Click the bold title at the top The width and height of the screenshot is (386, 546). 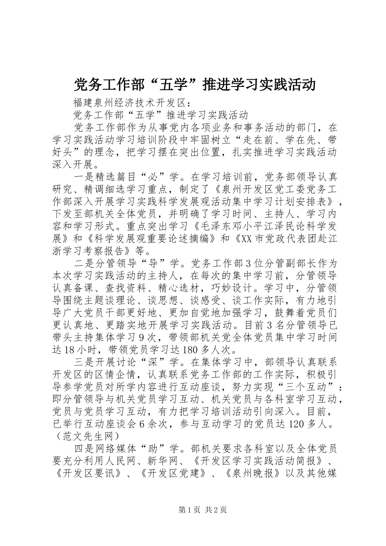(194, 84)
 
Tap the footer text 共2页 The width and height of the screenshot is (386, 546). (216, 510)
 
